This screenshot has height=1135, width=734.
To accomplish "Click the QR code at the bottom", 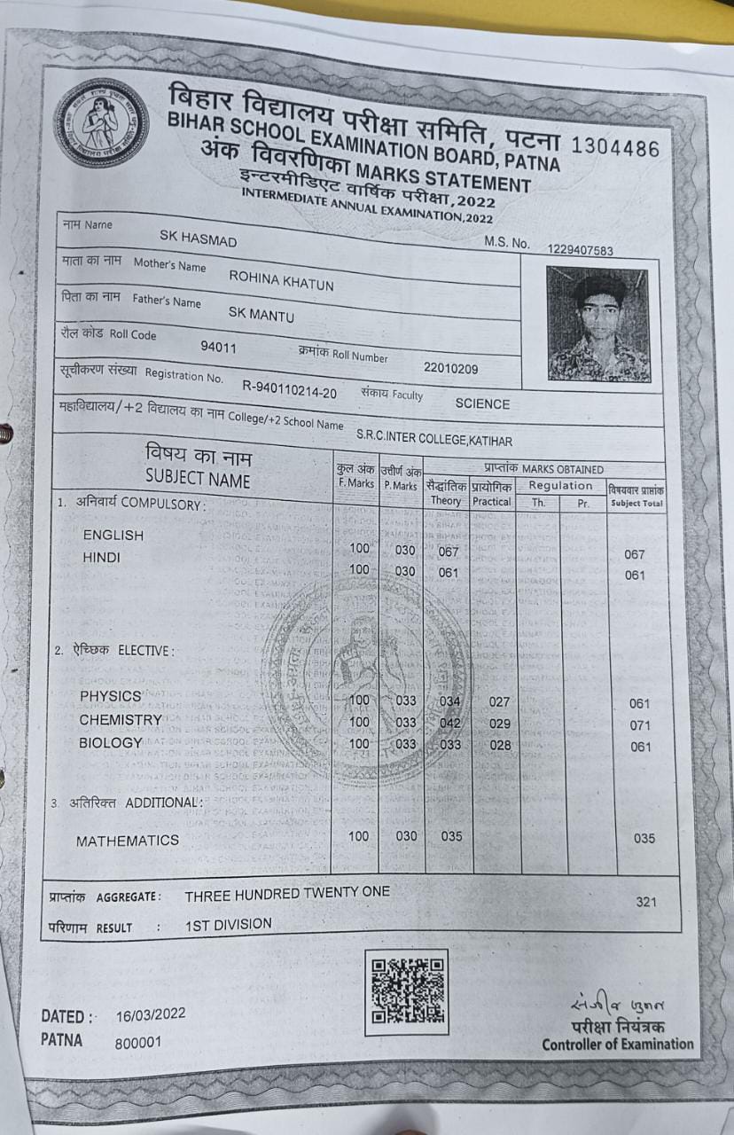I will [406, 992].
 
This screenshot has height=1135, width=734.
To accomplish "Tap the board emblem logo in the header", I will [100, 123].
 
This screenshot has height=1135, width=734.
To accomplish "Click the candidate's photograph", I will [597, 324].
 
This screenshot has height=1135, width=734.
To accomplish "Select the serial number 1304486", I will [616, 147].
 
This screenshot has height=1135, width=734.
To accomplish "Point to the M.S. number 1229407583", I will [580, 251].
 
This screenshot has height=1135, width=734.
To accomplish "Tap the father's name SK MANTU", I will [262, 313].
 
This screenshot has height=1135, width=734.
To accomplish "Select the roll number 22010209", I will [450, 368].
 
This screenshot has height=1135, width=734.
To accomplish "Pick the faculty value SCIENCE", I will [482, 403].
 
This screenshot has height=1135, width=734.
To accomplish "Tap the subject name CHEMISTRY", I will [121, 719].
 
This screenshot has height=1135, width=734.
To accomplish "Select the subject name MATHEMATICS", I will [128, 840].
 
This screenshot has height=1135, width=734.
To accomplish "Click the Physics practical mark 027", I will [500, 701].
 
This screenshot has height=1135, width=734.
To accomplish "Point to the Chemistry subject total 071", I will [640, 725].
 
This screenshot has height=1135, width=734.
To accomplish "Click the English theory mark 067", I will [449, 551].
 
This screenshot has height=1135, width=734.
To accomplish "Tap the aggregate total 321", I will [646, 902].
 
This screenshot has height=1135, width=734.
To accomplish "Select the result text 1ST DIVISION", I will [229, 924].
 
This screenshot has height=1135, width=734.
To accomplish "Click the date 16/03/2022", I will [151, 1014].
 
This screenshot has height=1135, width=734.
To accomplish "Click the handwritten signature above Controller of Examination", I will [615, 1004].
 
